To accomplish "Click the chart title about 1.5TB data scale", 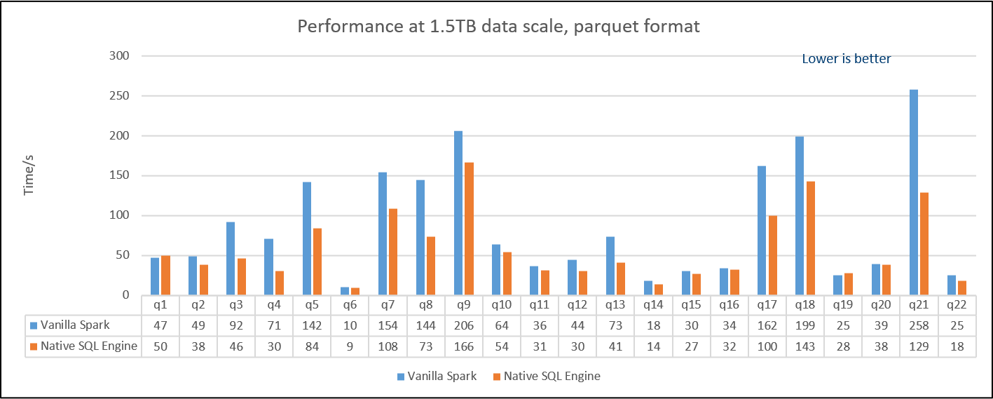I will pos(498,27).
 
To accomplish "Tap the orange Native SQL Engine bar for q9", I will pos(469,228).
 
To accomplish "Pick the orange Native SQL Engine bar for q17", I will pos(772,255).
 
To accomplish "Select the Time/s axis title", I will pos(29,175).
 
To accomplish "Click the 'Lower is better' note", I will pos(846,60).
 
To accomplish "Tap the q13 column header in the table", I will pos(615,305).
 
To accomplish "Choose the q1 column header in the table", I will pos(160,305).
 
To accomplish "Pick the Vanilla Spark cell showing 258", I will pos(919,325).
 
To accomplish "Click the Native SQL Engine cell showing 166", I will pos(464,346).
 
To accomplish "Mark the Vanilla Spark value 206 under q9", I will pos(464,325).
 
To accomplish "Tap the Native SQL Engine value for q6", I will pos(350,346).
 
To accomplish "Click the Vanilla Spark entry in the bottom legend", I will pos(437,376).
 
